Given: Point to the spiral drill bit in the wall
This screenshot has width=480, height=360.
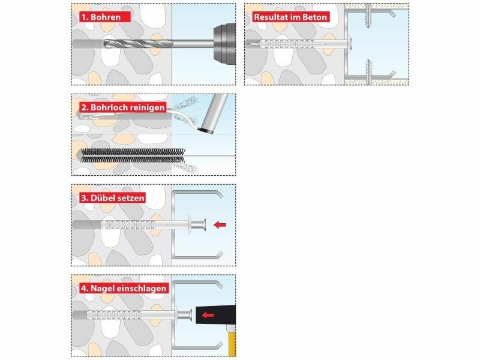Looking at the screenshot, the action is pyautogui.click(x=139, y=44).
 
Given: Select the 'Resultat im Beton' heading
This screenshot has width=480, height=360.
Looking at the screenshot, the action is pyautogui.click(x=290, y=17).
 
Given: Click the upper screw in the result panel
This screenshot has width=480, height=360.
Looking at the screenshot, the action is pyautogui.click(x=368, y=16).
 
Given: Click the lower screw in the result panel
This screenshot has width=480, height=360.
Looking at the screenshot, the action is pyautogui.click(x=368, y=72).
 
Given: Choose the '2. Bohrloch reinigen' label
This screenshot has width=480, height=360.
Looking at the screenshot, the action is pyautogui.click(x=123, y=107).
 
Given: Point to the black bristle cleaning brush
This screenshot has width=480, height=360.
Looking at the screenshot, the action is pyautogui.click(x=132, y=155).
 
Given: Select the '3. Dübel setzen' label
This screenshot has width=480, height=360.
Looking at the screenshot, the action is pyautogui.click(x=112, y=198).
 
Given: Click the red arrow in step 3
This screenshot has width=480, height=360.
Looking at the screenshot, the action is pyautogui.click(x=220, y=225).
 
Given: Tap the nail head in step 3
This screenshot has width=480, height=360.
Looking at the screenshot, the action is pyautogui.click(x=202, y=225).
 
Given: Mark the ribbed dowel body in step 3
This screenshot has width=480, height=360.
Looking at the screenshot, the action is pyautogui.click(x=128, y=225).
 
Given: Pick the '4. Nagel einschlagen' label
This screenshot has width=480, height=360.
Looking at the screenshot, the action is pyautogui.click(x=124, y=288).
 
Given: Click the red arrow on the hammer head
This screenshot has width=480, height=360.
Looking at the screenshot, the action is pyautogui.click(x=208, y=314).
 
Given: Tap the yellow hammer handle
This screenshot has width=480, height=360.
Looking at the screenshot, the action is pyautogui.click(x=232, y=341).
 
